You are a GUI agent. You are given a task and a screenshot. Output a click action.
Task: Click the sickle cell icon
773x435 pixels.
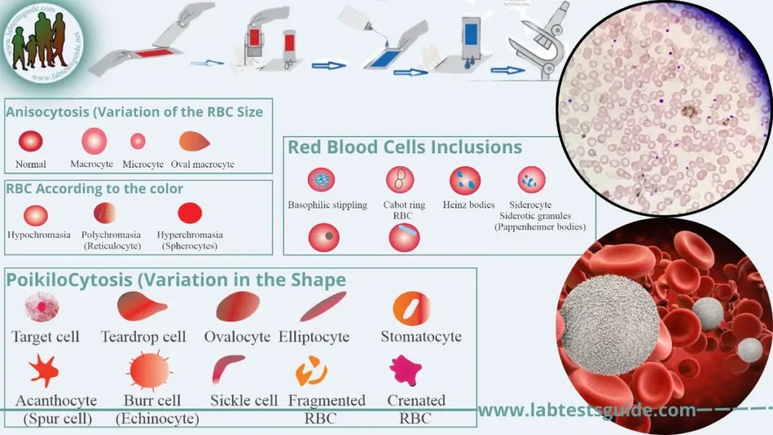point(228,369)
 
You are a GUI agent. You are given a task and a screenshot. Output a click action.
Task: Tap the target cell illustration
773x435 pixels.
point(42,307)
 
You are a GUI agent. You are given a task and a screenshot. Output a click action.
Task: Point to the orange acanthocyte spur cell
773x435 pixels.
point(44,371)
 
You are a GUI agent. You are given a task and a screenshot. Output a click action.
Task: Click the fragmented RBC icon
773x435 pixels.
point(311,370)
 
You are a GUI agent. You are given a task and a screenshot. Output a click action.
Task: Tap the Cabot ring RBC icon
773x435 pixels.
point(399,180)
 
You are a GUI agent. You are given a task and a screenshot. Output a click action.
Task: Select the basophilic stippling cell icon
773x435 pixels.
point(322,180)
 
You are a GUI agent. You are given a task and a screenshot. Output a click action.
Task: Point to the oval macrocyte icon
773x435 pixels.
point(195,140)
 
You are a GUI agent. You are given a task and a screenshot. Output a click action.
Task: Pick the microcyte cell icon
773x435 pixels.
point(137,140)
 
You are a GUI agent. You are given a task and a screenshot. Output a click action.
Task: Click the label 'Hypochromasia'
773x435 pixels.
point(38,235)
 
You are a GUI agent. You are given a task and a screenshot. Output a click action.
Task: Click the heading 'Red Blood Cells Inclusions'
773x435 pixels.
point(405,147)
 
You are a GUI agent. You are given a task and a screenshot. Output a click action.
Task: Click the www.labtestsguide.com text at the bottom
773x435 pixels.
point(587,410)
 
